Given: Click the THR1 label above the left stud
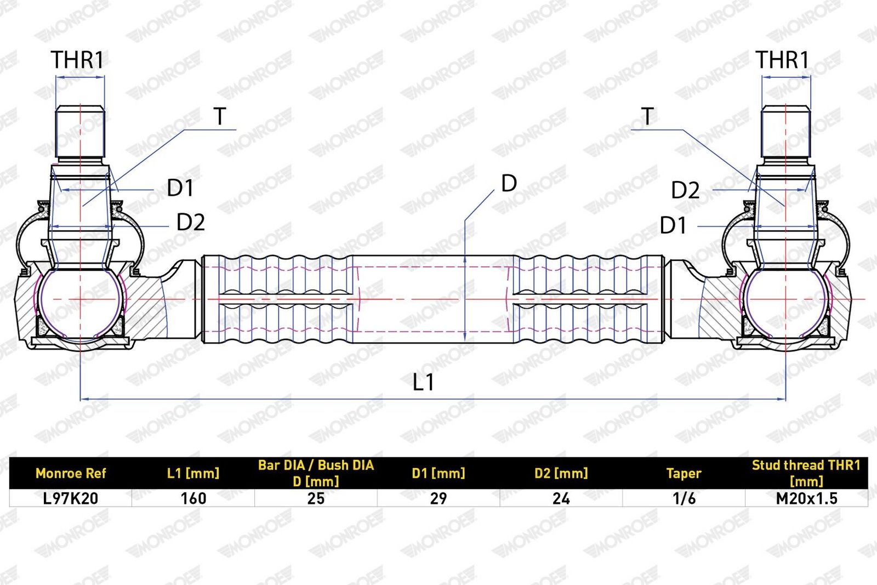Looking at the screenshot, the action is [x=77, y=60].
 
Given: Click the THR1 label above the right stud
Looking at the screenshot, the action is [x=782, y=60].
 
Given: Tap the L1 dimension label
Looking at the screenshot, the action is [x=423, y=382].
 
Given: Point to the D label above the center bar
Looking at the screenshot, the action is [x=509, y=183].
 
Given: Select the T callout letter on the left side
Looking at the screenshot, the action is [x=220, y=116].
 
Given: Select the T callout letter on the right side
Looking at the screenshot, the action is [x=647, y=116].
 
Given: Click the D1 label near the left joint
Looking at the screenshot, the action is [x=180, y=188].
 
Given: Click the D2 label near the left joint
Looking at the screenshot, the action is [x=191, y=223].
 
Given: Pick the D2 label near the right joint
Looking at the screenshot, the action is [x=685, y=190].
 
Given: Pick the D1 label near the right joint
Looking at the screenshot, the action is [x=673, y=225].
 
